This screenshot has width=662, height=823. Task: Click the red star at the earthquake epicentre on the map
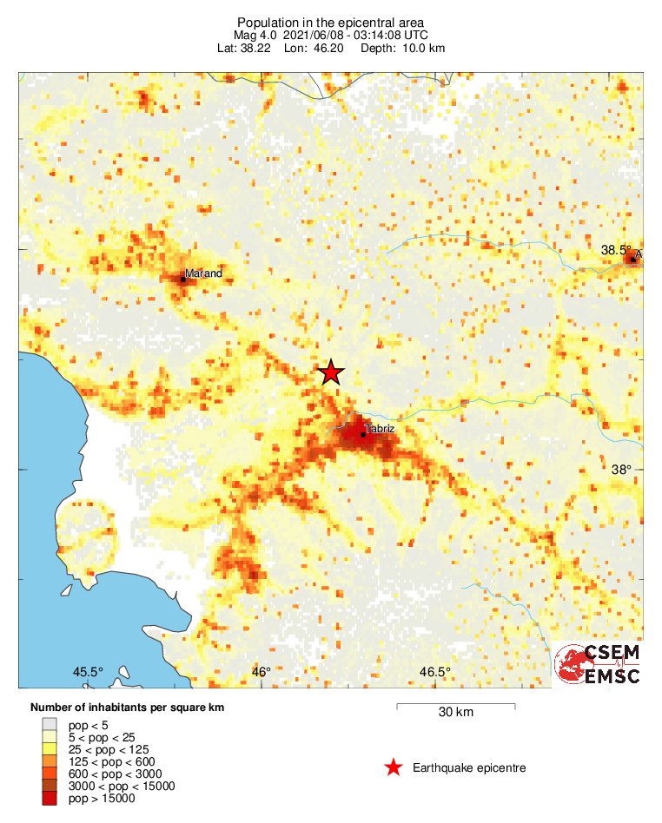tap(330, 372)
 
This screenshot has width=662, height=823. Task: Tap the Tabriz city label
tap(380, 429)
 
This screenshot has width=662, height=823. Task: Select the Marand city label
tap(203, 273)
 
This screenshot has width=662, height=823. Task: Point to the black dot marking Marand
tap(183, 279)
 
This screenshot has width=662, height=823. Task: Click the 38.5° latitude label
tap(617, 250)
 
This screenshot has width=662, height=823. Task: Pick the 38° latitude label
tap(621, 470)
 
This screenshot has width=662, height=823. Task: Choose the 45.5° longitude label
tap(88, 672)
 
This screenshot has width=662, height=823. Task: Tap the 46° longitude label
tap(261, 672)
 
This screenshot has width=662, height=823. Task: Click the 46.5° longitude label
tap(434, 672)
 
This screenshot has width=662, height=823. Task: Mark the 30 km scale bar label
tap(455, 713)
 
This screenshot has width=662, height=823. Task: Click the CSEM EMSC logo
tap(597, 665)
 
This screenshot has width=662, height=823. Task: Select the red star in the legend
tap(394, 767)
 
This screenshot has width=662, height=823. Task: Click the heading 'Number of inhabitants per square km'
tap(127, 708)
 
